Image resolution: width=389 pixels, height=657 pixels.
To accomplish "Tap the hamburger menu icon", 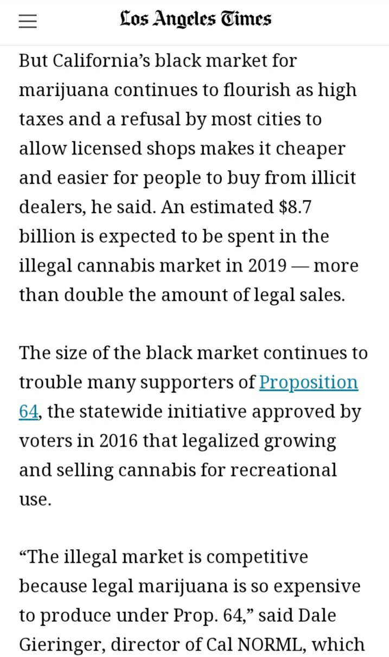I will pyautogui.click(x=28, y=21).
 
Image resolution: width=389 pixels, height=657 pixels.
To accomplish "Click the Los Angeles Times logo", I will pyautogui.click(x=195, y=20).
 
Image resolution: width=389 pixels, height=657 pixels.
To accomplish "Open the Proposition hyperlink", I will pyautogui.click(x=308, y=382).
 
